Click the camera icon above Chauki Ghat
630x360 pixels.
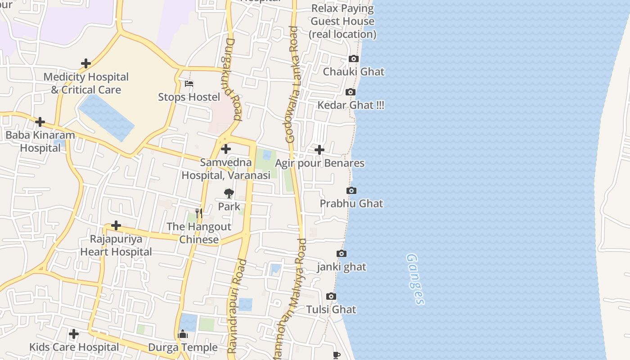[354, 59]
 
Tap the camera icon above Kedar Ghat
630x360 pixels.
[350, 92]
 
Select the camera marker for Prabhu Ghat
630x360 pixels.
[351, 191]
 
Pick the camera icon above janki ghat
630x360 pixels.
[342, 254]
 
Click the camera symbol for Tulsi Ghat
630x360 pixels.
[331, 297]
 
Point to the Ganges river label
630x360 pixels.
[415, 279]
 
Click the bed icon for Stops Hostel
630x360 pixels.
[189, 84]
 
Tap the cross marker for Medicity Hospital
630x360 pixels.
[85, 64]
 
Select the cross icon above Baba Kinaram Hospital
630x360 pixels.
[40, 122]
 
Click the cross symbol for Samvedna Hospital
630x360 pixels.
[226, 149]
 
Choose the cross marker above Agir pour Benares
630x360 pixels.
[319, 150]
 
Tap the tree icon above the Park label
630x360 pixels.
[229, 194]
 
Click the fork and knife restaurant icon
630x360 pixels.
[199, 213]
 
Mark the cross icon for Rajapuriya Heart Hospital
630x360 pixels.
[116, 225]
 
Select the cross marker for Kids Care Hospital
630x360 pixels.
[74, 334]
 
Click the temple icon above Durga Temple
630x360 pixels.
[183, 334]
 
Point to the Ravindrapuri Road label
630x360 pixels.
[237, 306]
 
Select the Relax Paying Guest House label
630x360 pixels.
[342, 21]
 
